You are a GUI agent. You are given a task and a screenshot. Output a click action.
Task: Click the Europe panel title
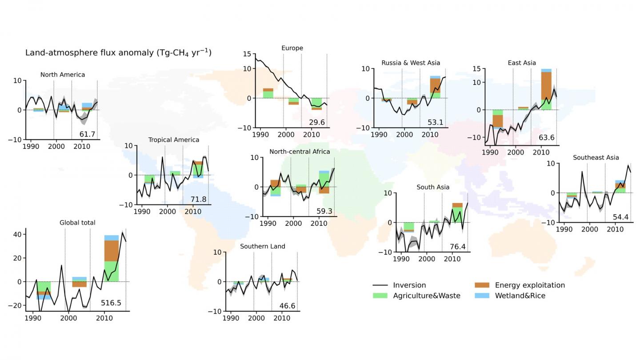click(292, 48)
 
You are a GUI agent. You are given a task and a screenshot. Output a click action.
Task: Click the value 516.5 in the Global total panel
click(111, 304)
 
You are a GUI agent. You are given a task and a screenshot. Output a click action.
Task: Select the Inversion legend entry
click(409, 285)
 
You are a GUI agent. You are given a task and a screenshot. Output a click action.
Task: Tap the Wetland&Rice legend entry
click(520, 296)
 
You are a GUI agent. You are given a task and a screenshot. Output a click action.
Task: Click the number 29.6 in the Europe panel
click(316, 122)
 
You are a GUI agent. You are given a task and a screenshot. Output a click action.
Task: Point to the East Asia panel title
click(522, 63)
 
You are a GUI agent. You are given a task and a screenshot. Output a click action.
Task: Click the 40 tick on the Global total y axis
click(17, 234)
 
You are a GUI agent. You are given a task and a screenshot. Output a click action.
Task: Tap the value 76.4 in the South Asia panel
click(457, 247)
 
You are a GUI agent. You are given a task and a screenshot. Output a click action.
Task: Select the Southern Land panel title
click(263, 246)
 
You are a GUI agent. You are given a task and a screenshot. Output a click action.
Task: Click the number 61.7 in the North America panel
click(88, 134)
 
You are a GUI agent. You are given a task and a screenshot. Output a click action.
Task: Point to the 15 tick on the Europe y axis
click(247, 54)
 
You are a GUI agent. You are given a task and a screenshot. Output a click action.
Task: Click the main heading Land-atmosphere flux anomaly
click(118, 52)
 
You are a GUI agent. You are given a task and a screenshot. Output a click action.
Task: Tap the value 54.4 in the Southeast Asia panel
click(620, 217)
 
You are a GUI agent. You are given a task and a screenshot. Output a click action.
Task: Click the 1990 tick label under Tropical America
click(142, 212)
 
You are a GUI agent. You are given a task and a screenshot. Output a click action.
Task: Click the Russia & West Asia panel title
click(411, 63)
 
